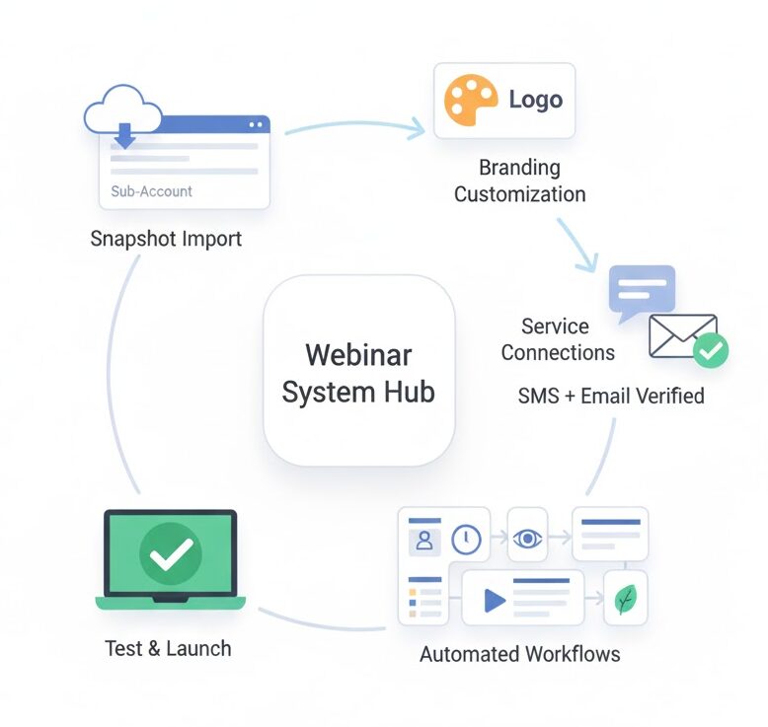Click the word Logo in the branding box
click(535, 101)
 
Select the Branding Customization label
click(519, 181)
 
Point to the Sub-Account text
click(151, 191)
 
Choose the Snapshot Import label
click(165, 239)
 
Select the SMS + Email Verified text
click(610, 396)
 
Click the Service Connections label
click(557, 339)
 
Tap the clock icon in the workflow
click(466, 539)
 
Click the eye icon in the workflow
click(528, 539)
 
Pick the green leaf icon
click(625, 599)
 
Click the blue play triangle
click(494, 599)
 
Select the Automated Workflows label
click(519, 654)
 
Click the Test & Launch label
click(168, 649)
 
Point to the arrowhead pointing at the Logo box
click(419, 127)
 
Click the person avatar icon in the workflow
click(424, 541)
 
